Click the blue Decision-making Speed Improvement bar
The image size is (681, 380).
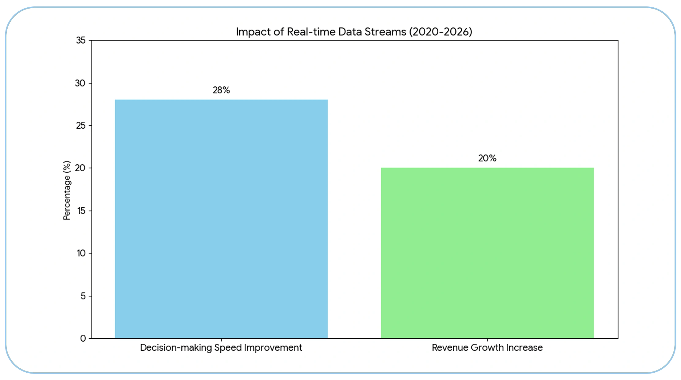pyautogui.click(x=221, y=219)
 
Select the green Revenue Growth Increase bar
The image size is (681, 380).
pyautogui.click(x=487, y=253)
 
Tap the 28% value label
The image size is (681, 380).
pyautogui.click(x=221, y=90)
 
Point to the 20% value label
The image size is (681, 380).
pyautogui.click(x=487, y=158)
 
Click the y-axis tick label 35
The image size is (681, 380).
pyautogui.click(x=81, y=40)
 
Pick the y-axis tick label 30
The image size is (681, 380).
pyautogui.click(x=80, y=83)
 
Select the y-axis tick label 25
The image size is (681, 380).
pyautogui.click(x=81, y=126)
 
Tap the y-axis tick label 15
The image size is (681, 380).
pyautogui.click(x=81, y=211)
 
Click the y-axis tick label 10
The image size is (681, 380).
pyautogui.click(x=81, y=253)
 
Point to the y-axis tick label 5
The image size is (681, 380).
pyautogui.click(x=83, y=296)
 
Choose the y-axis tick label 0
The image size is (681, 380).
pyautogui.click(x=83, y=338)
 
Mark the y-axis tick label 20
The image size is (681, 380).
pyautogui.click(x=80, y=168)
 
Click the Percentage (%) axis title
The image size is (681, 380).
pyautogui.click(x=67, y=190)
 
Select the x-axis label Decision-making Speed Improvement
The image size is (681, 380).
pyautogui.click(x=221, y=348)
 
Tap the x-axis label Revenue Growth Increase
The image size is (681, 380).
pyautogui.click(x=487, y=348)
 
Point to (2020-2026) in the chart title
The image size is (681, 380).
pyautogui.click(x=441, y=32)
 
